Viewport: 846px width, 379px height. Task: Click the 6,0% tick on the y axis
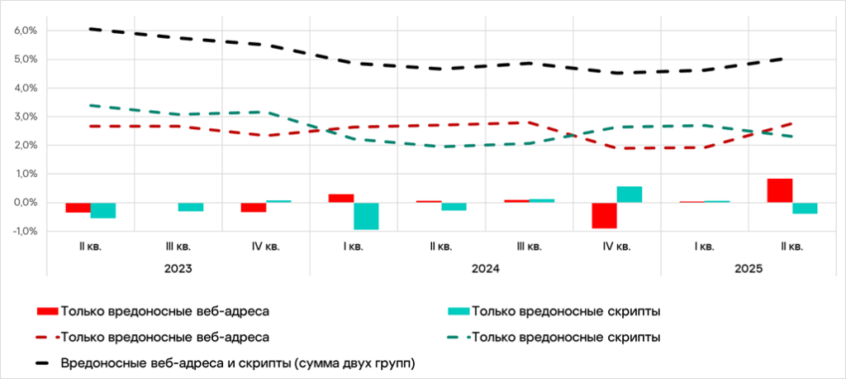[26, 31]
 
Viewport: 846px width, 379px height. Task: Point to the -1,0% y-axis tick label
[25, 232]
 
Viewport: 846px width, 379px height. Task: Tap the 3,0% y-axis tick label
[26, 117]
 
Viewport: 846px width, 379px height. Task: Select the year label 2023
[178, 269]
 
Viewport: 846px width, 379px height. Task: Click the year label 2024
[485, 269]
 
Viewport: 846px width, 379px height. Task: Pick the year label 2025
[748, 269]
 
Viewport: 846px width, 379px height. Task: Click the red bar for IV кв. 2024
[604, 215]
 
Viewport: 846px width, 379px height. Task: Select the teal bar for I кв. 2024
[366, 216]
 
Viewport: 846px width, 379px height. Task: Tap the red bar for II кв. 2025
[779, 190]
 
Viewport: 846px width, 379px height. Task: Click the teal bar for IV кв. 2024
[630, 194]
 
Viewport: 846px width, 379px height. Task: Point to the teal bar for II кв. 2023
[103, 210]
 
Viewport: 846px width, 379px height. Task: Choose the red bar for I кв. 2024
[341, 199]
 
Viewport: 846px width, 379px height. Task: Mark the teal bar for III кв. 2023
[191, 207]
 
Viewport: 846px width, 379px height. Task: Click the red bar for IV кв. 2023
[254, 207]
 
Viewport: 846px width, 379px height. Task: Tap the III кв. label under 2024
[528, 247]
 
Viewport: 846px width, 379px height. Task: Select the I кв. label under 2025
[703, 247]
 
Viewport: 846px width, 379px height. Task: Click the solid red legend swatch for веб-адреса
[48, 311]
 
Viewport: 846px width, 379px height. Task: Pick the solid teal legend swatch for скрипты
[458, 311]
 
